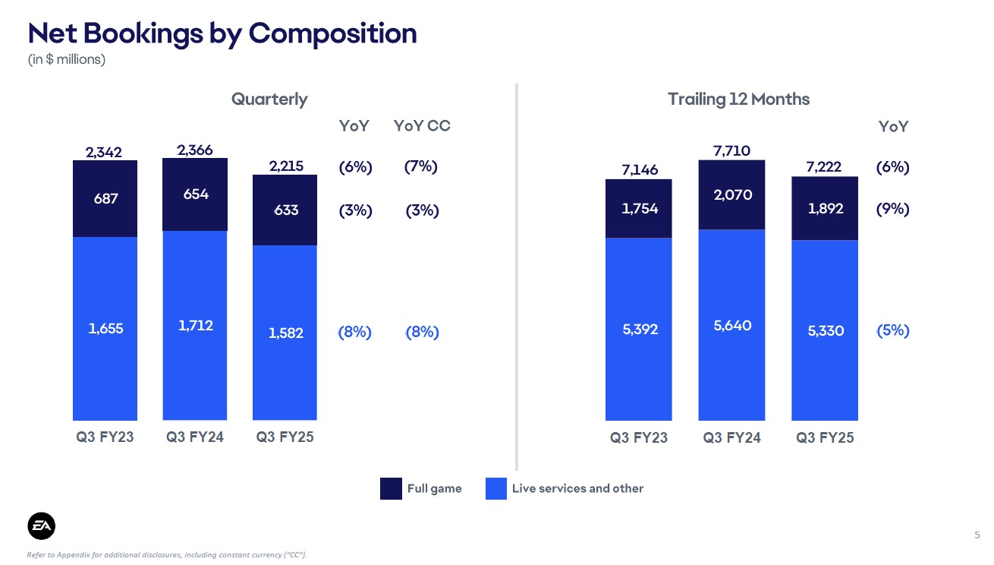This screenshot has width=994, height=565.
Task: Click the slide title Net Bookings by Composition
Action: click(x=222, y=33)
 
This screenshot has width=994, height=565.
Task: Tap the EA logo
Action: click(x=42, y=526)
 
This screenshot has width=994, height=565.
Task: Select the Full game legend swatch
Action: click(x=391, y=488)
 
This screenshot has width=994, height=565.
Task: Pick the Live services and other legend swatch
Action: click(x=495, y=488)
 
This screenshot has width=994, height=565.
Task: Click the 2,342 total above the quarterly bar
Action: click(x=105, y=153)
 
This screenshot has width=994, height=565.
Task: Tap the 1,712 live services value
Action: click(x=195, y=326)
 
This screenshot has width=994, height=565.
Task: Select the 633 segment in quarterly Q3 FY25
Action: click(x=285, y=211)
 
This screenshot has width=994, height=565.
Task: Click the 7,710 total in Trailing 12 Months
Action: click(x=731, y=151)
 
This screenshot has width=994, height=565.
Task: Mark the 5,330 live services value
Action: click(x=824, y=331)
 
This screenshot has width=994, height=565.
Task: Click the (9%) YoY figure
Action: click(x=892, y=210)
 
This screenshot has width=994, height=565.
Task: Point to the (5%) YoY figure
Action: click(x=892, y=330)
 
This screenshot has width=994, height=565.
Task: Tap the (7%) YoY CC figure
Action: click(x=421, y=166)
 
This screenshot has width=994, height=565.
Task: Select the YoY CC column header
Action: click(x=422, y=126)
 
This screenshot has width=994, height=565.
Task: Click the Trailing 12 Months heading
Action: click(x=738, y=99)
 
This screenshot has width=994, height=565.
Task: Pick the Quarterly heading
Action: click(x=269, y=99)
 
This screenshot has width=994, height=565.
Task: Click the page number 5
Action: click(x=977, y=535)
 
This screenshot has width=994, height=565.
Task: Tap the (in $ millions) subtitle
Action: click(x=66, y=59)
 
